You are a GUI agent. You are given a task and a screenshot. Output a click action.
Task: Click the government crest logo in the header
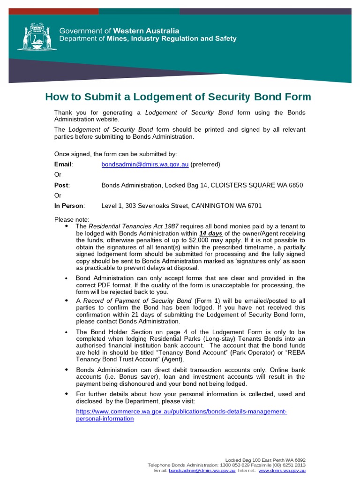33,36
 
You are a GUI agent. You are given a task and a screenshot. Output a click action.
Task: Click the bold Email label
63,165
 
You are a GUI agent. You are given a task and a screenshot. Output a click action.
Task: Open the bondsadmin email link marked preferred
145,165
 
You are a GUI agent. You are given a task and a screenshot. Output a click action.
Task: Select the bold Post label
61,185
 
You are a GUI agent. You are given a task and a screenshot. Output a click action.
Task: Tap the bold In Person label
69,206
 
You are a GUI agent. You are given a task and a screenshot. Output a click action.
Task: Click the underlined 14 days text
210,233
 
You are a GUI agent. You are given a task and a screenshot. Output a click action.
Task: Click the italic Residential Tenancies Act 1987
134,226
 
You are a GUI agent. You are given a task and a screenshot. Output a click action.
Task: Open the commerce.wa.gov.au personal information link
181,415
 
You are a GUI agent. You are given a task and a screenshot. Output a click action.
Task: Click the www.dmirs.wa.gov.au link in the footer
282,470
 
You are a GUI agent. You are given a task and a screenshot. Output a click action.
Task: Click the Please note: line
71,219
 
